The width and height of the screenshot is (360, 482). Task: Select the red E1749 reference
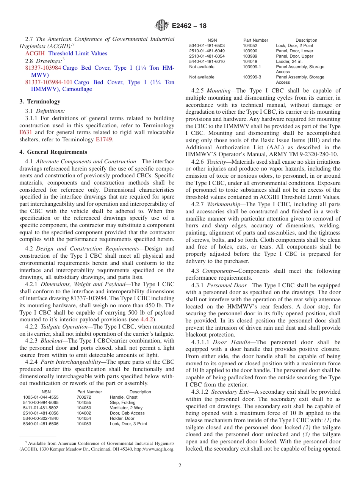pos(104,139)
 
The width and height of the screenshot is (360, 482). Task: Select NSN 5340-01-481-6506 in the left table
pos(41,424)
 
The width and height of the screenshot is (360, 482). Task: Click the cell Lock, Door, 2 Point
pos(294,45)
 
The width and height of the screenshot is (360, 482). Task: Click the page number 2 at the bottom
pos(180,465)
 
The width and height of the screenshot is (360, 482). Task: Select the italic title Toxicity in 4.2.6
pos(217,161)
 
